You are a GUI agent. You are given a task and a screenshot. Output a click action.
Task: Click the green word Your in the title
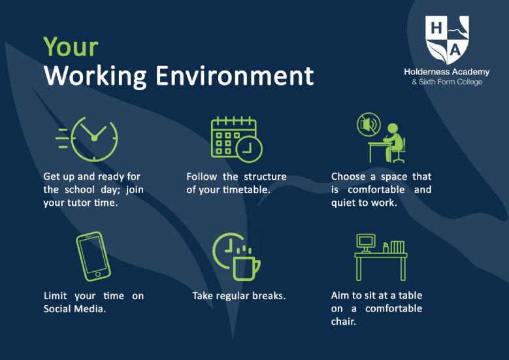coord(71,47)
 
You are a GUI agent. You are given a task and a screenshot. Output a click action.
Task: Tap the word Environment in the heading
coord(235,76)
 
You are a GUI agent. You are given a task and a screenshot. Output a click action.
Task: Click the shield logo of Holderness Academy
coord(448,40)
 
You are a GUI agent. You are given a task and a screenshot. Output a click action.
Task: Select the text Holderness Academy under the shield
coord(447,72)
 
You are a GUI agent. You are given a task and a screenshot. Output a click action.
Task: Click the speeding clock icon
coord(87,139)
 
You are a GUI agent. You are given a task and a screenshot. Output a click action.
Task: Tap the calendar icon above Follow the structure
coord(237,140)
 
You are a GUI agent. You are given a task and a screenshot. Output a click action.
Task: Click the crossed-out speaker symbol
coord(369,125)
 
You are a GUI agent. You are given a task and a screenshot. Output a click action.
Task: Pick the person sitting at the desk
coord(394,143)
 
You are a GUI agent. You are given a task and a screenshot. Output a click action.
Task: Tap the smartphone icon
coord(93,256)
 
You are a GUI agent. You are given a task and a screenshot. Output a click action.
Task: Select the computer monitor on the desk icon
coord(366,243)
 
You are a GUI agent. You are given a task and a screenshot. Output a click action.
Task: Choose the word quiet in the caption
coord(344,203)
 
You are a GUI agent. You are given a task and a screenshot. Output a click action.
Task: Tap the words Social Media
coord(74,308)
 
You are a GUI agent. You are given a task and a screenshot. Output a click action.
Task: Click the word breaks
coord(269,296)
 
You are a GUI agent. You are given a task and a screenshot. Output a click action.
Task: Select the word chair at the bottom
coord(344,321)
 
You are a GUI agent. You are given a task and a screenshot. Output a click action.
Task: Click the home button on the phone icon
coord(98,274)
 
